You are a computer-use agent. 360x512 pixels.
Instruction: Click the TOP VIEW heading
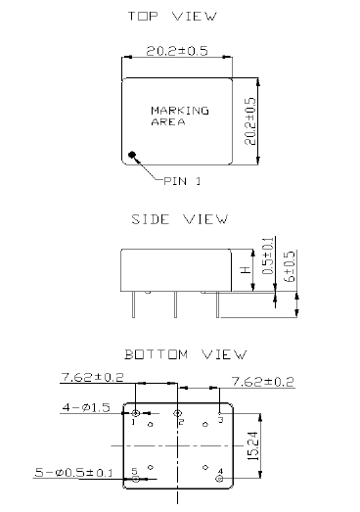(179, 17)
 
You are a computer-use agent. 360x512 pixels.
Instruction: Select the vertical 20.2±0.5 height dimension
(249, 121)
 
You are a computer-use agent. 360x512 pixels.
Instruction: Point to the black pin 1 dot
(132, 155)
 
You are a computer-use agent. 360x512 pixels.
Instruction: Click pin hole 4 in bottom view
(218, 479)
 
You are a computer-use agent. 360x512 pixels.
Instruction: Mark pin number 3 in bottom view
(221, 419)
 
